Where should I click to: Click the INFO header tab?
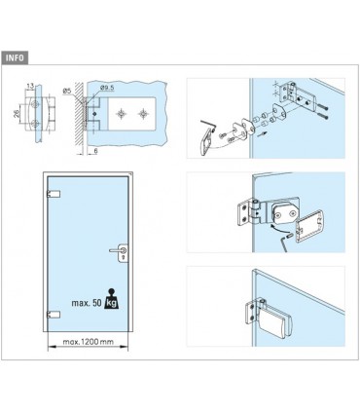[x=15, y=58]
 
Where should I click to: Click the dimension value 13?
[x=30, y=87]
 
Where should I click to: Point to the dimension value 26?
[x=17, y=113]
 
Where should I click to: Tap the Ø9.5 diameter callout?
[x=107, y=88]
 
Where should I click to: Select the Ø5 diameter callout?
[x=67, y=91]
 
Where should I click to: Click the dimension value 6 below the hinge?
[x=95, y=151]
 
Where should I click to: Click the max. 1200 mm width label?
[x=88, y=342]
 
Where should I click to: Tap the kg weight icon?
[x=111, y=299]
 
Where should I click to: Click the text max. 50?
[x=87, y=303]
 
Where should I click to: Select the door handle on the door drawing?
[x=120, y=252]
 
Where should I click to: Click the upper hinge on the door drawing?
[x=54, y=194]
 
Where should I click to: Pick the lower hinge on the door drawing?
[x=54, y=314]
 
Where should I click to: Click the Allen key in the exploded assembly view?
[x=207, y=127]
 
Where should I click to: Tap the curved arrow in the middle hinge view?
[x=278, y=226]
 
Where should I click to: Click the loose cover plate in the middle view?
[x=309, y=226]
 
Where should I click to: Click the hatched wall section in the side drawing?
[x=79, y=118]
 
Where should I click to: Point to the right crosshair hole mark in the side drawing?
[x=143, y=114]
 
